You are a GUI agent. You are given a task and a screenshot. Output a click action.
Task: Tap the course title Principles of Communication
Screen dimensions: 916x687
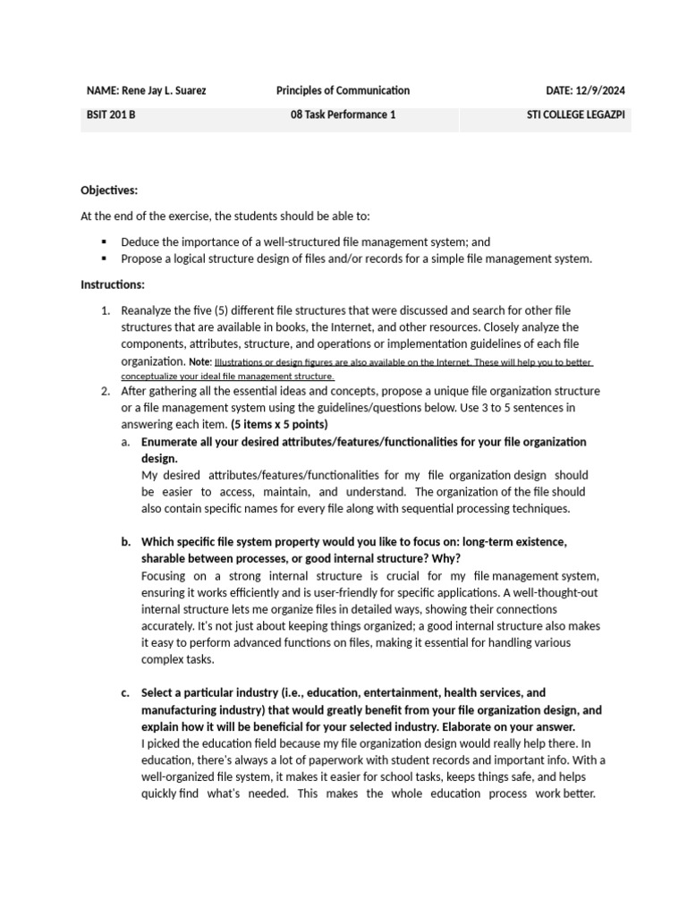click(x=343, y=90)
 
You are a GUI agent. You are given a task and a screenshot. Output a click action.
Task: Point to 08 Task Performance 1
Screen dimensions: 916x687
click(x=343, y=115)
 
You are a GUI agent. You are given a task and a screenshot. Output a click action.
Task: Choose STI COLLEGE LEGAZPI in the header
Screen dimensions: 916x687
click(x=577, y=115)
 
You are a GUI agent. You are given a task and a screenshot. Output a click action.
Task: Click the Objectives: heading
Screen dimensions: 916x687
click(x=109, y=191)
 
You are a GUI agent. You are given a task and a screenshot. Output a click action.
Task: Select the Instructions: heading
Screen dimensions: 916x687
click(x=113, y=284)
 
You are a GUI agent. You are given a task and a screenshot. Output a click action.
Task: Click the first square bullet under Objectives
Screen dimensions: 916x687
click(x=105, y=242)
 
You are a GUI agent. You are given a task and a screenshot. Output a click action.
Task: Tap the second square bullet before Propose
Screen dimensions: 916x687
click(x=105, y=259)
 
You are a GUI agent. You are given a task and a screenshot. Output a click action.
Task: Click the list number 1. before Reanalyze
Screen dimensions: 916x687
click(x=105, y=310)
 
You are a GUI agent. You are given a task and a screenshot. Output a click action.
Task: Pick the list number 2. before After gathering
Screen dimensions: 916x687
click(x=105, y=392)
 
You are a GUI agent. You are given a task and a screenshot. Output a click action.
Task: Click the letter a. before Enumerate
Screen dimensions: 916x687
click(x=124, y=442)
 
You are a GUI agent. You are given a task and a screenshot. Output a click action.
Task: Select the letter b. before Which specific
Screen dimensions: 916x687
click(x=124, y=542)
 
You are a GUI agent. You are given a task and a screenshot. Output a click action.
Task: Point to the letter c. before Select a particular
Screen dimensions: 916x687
click(x=124, y=693)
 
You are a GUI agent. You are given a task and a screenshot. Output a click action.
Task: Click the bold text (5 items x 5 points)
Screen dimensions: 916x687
click(x=279, y=424)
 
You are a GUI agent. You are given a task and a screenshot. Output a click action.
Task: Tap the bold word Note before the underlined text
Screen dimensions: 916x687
click(x=199, y=362)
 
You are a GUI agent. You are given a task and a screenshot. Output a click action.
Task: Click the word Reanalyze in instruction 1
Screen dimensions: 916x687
click(x=150, y=310)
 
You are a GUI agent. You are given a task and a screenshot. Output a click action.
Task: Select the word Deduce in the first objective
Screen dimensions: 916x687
click(x=140, y=242)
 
